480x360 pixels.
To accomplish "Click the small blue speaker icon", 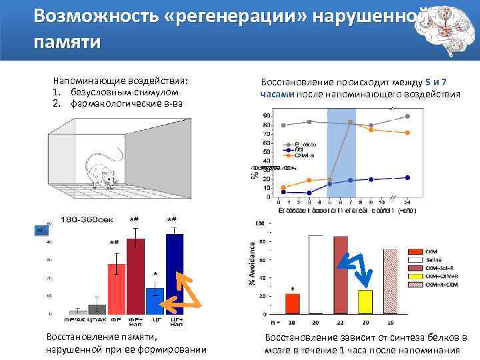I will pyautogui.click(x=39, y=231).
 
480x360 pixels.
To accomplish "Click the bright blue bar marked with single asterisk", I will pyautogui.click(x=155, y=300).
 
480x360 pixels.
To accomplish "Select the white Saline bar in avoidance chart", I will pyautogui.click(x=315, y=274).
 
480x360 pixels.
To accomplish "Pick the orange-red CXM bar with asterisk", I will pyautogui.click(x=293, y=303).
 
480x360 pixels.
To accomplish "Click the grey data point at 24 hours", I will pyautogui.click(x=407, y=117).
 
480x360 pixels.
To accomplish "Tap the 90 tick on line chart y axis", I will pyautogui.click(x=267, y=116).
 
